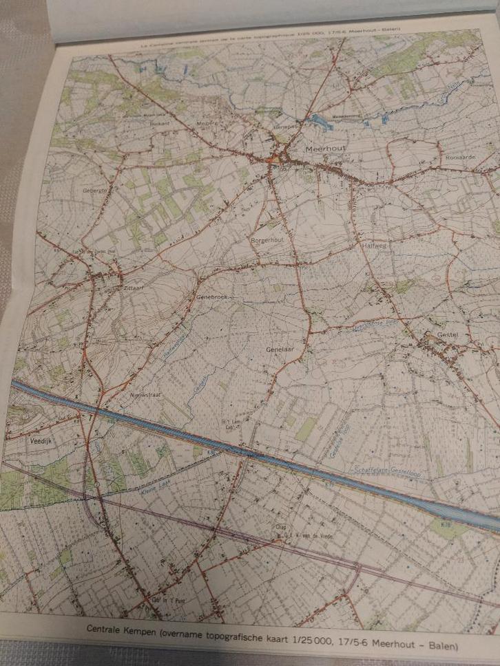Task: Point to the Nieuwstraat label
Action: [145, 396]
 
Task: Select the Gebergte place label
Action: [96, 190]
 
